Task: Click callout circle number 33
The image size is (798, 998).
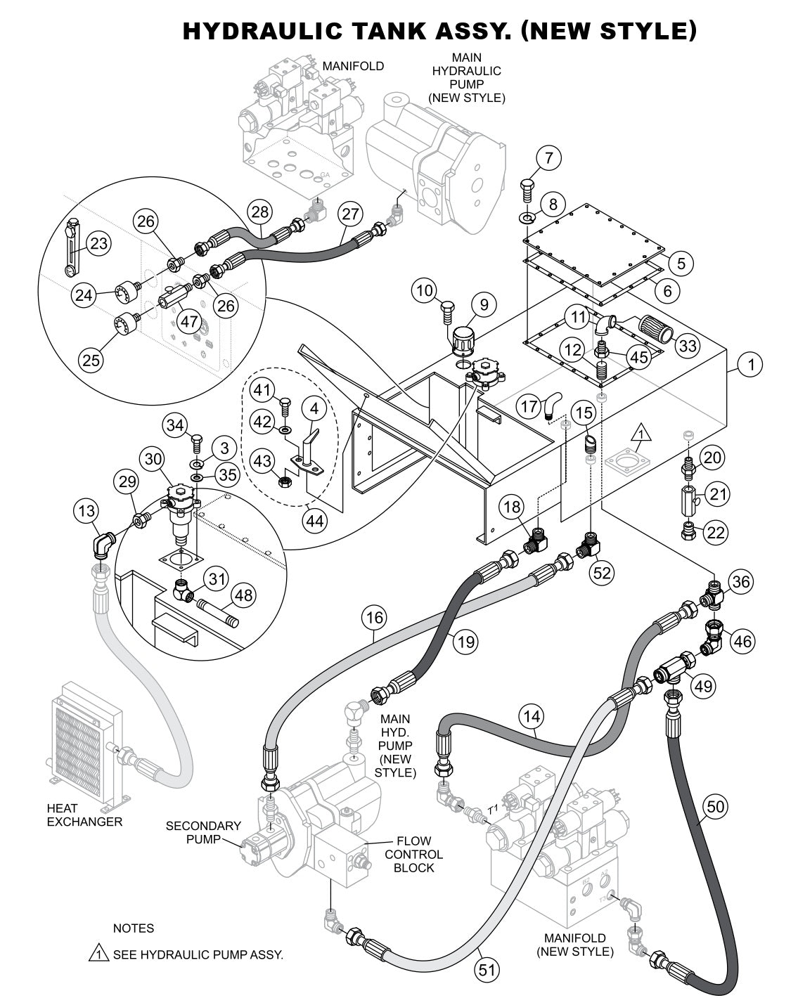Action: [688, 345]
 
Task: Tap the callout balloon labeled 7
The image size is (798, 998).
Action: [549, 158]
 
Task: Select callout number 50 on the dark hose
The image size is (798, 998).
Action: [715, 807]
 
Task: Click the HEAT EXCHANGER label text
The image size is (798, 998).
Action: [84, 815]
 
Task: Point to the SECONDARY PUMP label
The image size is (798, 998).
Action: [203, 832]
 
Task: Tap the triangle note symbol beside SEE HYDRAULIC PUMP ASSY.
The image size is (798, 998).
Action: [97, 954]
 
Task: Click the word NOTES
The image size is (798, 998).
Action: [134, 928]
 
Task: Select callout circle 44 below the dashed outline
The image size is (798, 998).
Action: [316, 521]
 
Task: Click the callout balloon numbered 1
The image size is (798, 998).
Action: [751, 364]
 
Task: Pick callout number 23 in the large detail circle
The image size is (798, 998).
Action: [100, 243]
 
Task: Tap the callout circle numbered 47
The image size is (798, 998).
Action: [188, 322]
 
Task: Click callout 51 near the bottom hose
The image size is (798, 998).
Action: [486, 971]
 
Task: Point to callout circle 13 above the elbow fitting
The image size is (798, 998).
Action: [88, 511]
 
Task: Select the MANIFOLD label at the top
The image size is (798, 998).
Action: [353, 66]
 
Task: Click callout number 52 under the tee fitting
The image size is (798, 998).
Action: [602, 573]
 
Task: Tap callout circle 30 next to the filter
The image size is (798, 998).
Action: [154, 459]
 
